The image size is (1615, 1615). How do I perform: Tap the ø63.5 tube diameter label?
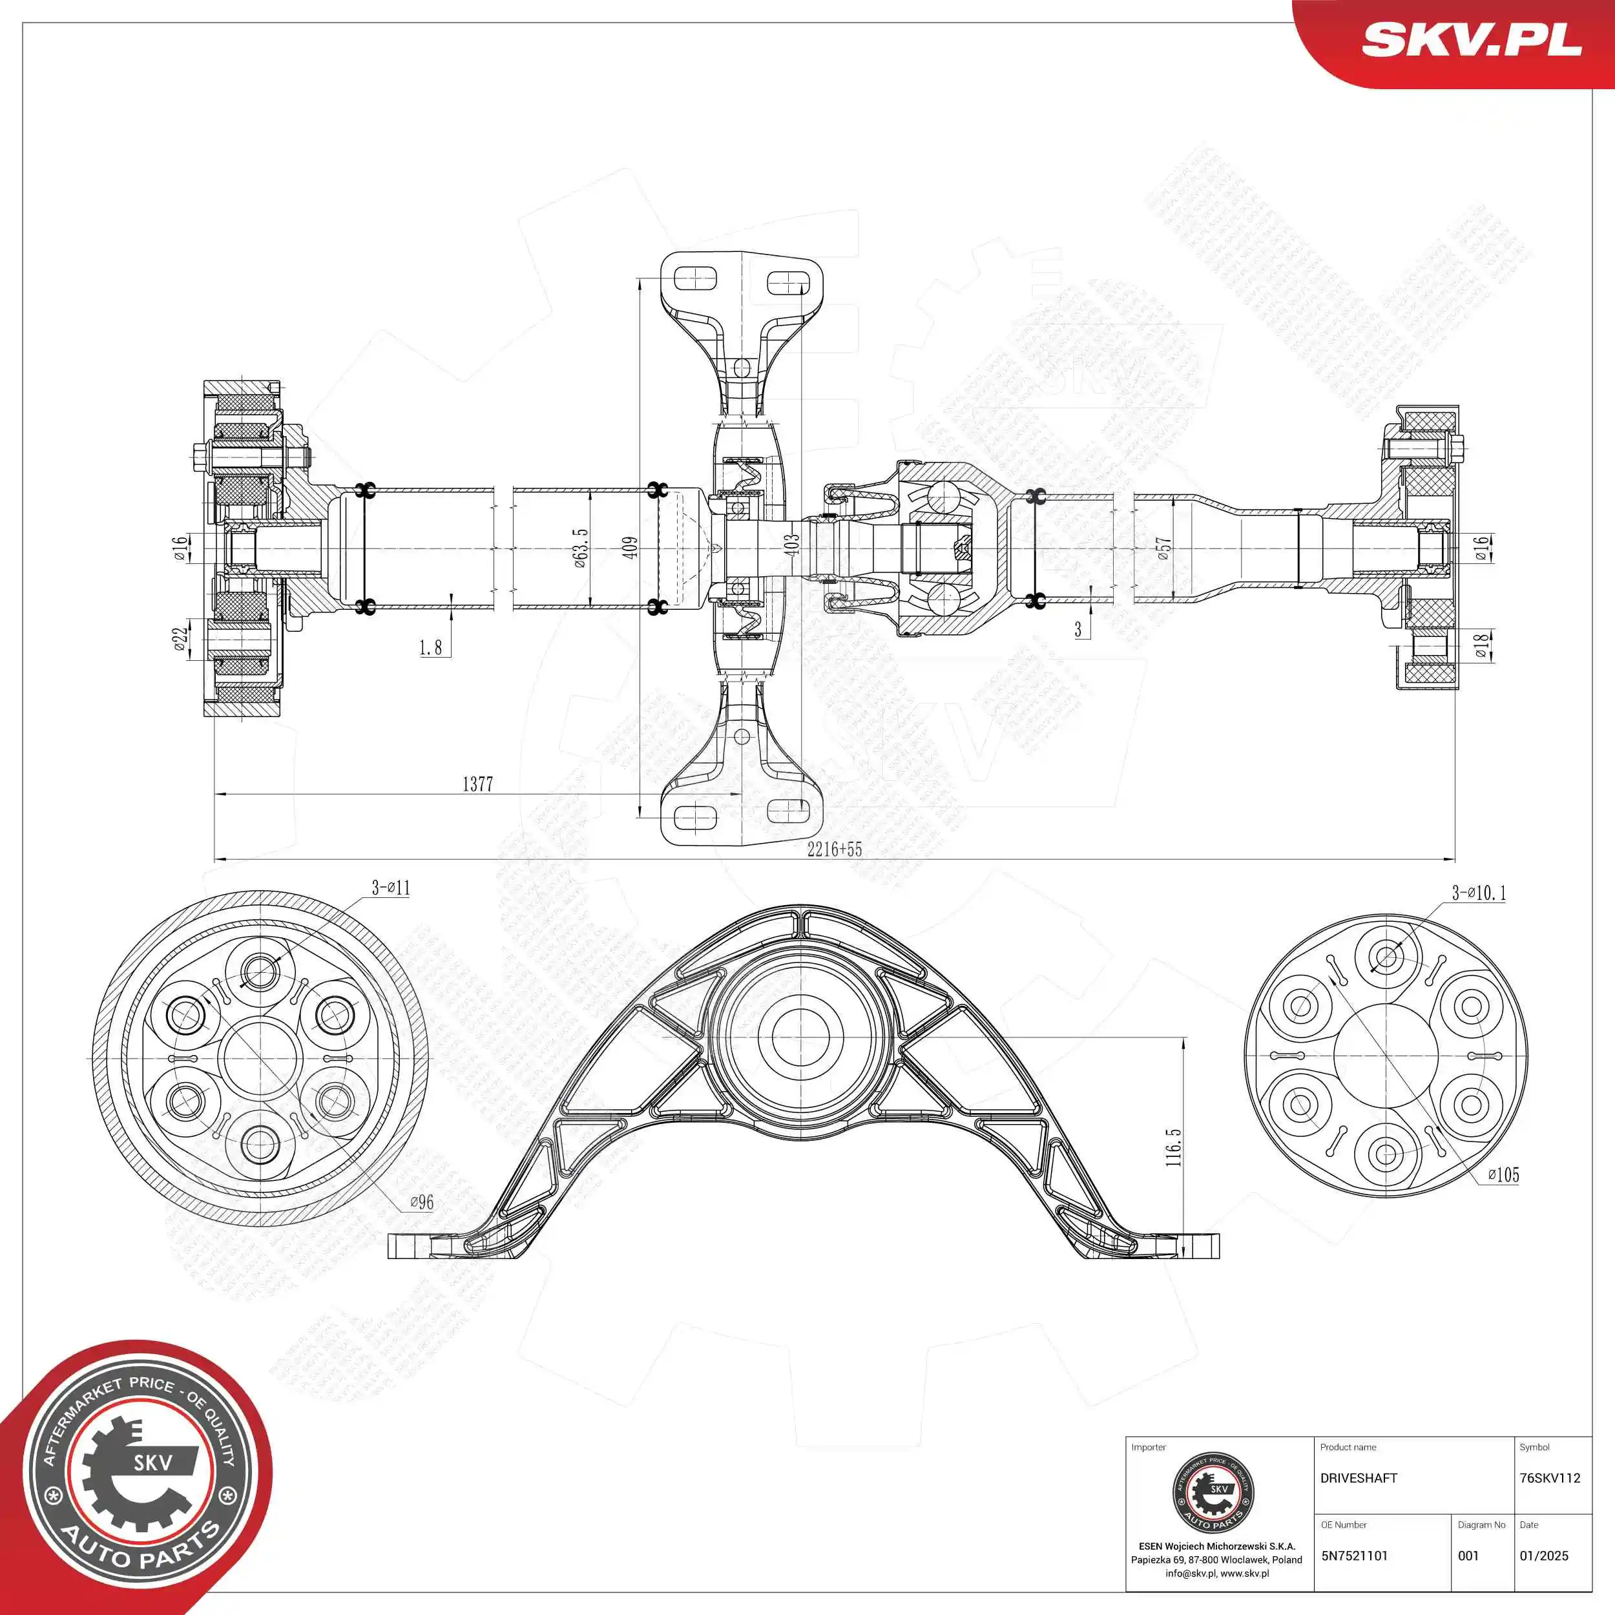coord(581,548)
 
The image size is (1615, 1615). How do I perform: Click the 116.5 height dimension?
coord(1174,1147)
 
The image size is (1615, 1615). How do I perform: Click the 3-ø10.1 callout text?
coord(1479,893)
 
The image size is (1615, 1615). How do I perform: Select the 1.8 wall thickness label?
coord(430,647)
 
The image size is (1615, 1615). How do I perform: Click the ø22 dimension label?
coord(179,640)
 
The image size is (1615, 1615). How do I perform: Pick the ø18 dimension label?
coord(1481,645)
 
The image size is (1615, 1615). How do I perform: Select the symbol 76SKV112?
coord(1550,1478)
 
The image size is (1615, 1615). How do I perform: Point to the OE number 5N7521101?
coord(1354,1556)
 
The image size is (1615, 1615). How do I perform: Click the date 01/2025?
coord(1544,1556)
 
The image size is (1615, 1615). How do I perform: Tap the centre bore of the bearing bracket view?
coord(801,1037)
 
